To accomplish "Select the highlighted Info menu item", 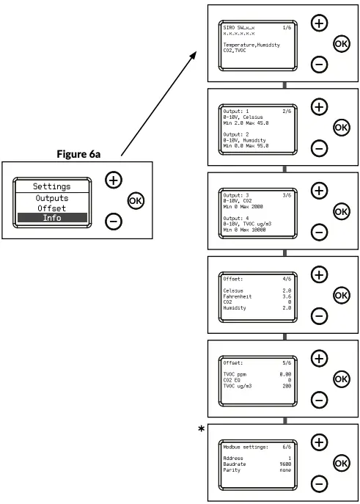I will pyautogui.click(x=51, y=218).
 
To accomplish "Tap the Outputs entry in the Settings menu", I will pyautogui.click(x=51, y=198).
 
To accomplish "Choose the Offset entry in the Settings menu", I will pyautogui.click(x=51, y=208).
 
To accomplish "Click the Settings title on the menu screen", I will pyautogui.click(x=51, y=186).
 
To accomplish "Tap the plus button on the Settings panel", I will pyautogui.click(x=112, y=180).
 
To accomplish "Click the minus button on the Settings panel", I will pyautogui.click(x=112, y=219).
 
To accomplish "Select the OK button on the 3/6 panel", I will pyautogui.click(x=341, y=211).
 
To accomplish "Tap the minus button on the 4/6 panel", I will pyautogui.click(x=320, y=316).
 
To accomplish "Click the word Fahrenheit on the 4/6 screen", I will pyautogui.click(x=238, y=296).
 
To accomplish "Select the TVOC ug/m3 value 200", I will pyautogui.click(x=285, y=385).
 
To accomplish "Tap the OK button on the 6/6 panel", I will pyautogui.click(x=341, y=463).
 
